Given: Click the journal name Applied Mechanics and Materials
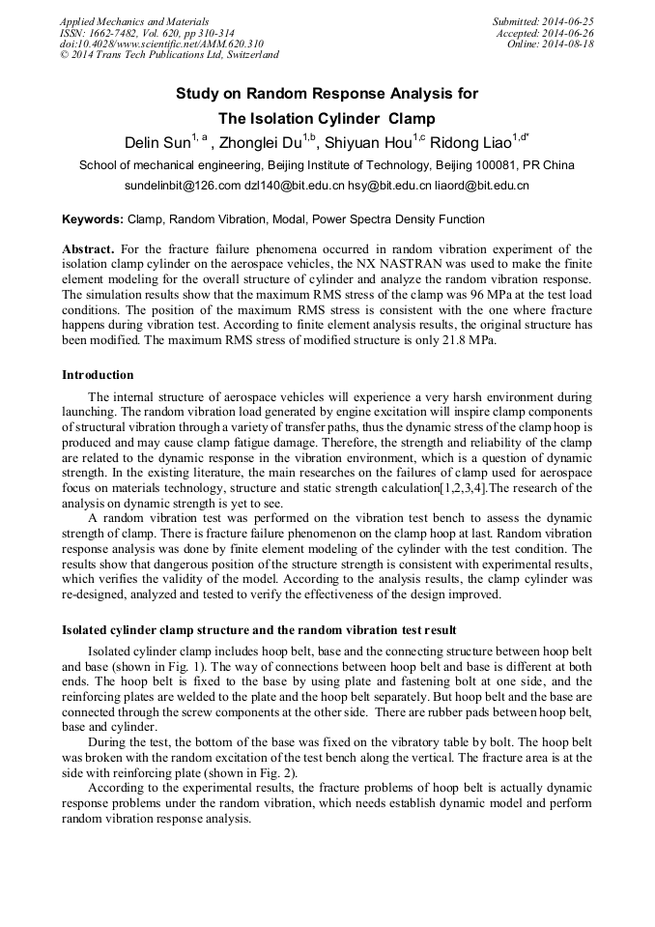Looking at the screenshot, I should tap(134, 20).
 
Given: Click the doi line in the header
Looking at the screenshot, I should tap(161, 43).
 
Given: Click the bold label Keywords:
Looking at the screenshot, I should tap(93, 219).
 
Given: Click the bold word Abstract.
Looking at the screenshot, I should tap(88, 248).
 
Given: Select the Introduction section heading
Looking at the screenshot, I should tap(98, 374).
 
